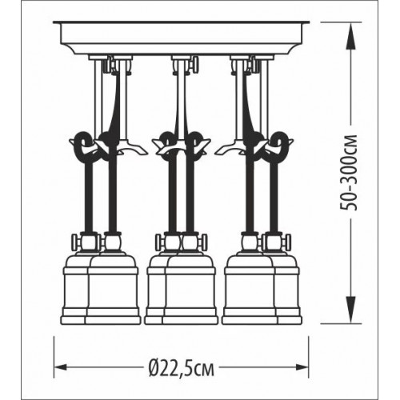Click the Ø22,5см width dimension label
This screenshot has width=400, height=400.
click(x=182, y=367)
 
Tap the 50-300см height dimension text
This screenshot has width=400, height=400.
click(x=349, y=173)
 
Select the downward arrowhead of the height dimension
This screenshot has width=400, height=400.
click(x=351, y=310)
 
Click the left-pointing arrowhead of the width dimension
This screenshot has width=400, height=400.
click(x=61, y=367)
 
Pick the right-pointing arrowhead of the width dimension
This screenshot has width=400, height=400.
click(x=302, y=367)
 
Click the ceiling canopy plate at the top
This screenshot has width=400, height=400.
click(x=182, y=38)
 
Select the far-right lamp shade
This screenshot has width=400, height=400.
click(x=288, y=288)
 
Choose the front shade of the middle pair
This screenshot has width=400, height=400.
click(x=190, y=288)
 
